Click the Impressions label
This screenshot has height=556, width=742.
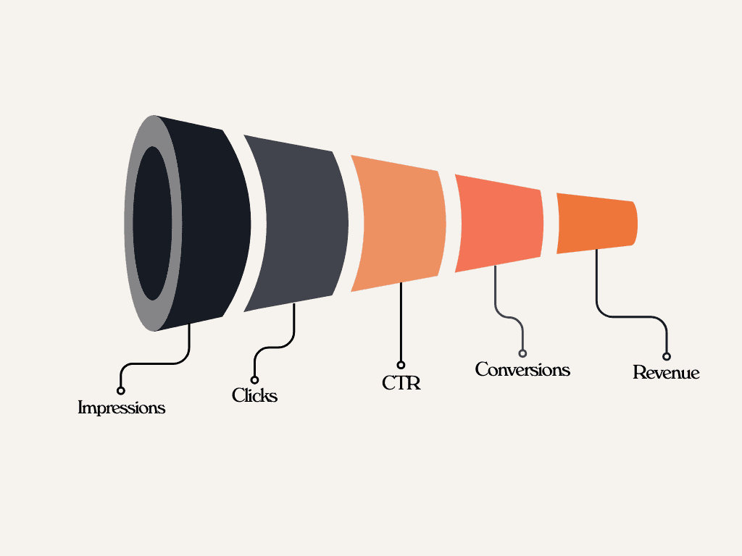click(x=121, y=408)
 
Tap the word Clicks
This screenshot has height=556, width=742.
click(x=254, y=395)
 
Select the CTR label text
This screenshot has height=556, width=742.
click(x=401, y=382)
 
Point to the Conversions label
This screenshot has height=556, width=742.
click(x=522, y=369)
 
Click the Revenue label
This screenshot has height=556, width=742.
click(x=666, y=373)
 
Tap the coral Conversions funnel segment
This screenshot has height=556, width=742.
click(x=500, y=223)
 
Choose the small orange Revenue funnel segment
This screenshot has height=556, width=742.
click(x=596, y=223)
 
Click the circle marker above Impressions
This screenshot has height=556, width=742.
click(x=121, y=391)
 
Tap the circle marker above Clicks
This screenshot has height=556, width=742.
click(x=254, y=379)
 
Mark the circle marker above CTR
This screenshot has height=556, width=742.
click(x=401, y=365)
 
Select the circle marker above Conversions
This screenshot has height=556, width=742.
click(x=522, y=353)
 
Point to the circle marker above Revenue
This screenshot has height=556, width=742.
click(x=667, y=356)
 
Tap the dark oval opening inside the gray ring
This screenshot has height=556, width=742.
click(x=152, y=223)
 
